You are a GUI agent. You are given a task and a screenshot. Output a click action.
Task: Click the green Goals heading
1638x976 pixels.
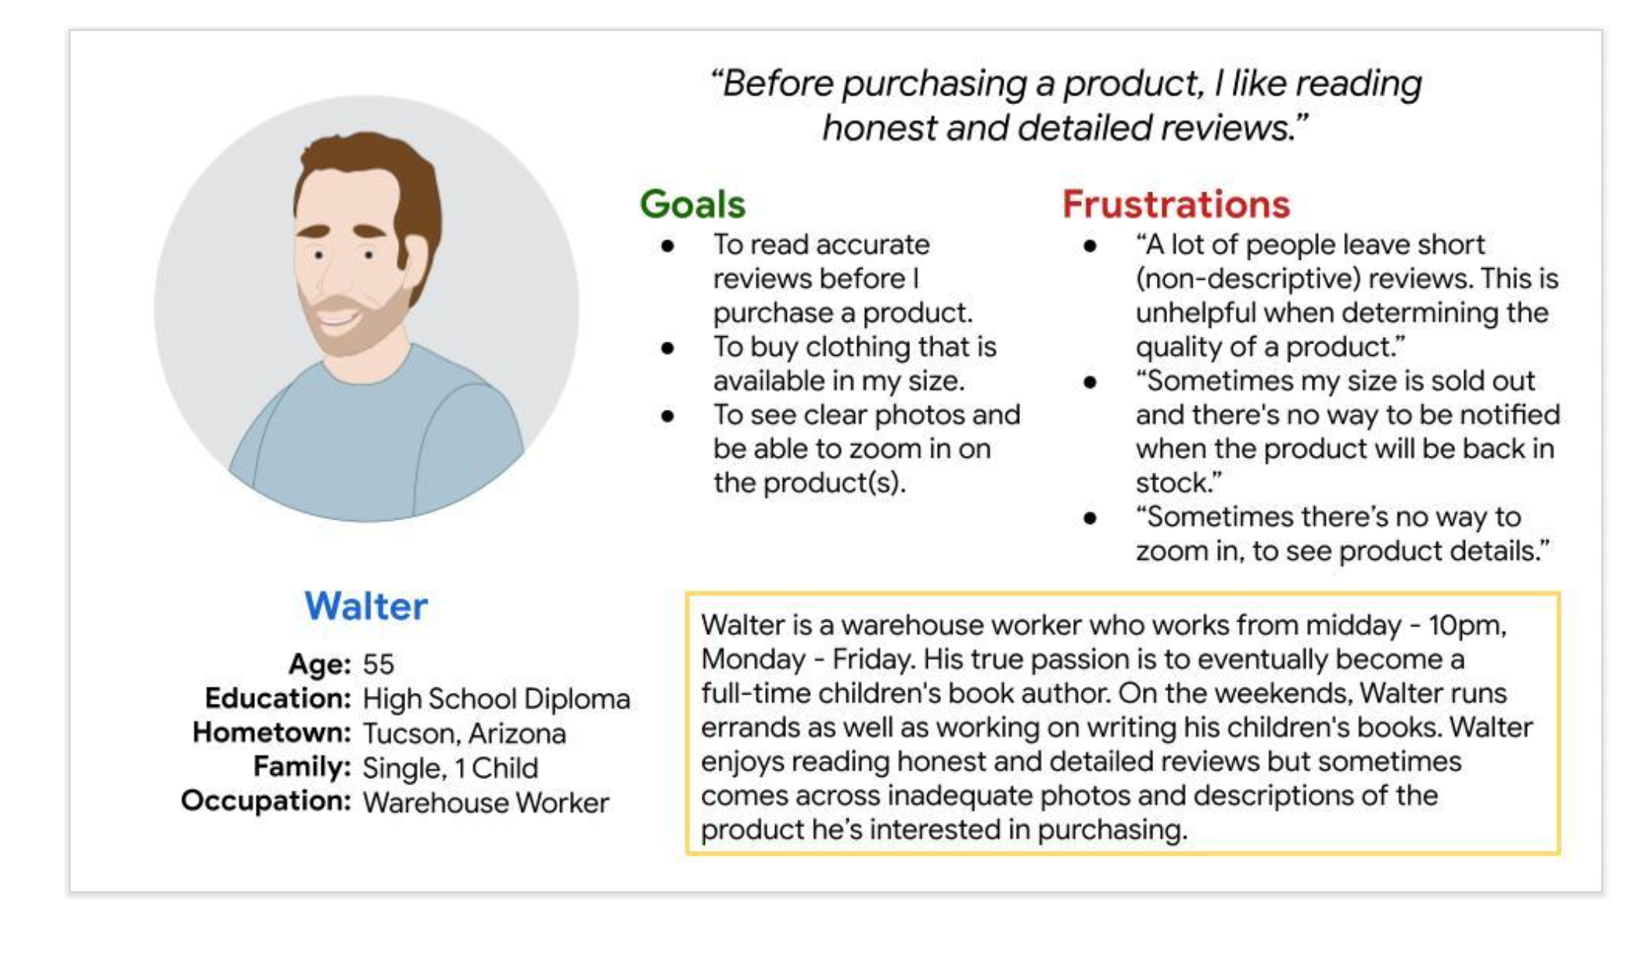tap(692, 204)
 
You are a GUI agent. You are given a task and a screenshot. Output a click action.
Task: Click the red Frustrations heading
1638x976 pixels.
tap(1176, 204)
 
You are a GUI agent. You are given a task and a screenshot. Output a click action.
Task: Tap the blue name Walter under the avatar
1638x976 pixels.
tap(366, 606)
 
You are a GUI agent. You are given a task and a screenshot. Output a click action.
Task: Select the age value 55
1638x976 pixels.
tap(379, 664)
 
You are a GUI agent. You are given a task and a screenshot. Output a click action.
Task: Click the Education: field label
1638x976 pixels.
tap(278, 698)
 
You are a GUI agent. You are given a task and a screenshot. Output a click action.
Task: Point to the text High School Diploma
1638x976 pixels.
tap(497, 699)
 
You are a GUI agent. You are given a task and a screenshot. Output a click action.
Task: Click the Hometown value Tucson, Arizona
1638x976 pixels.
tap(465, 734)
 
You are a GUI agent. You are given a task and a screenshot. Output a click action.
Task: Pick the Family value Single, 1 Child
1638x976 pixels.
tap(451, 768)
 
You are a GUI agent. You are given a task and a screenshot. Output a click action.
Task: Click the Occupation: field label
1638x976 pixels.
tap(266, 802)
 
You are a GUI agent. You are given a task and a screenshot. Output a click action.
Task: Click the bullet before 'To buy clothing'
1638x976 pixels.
tap(667, 348)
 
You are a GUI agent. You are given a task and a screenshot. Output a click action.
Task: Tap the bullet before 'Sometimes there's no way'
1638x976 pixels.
tap(1090, 518)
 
